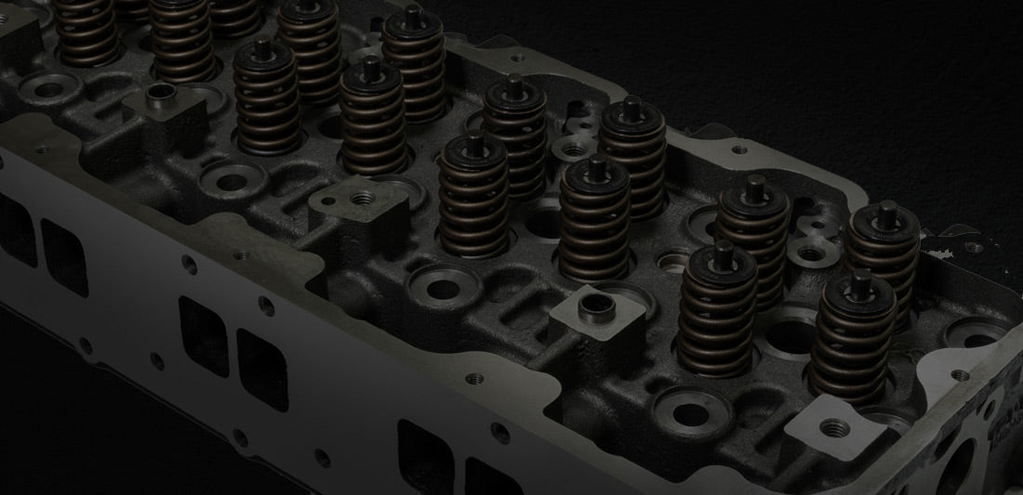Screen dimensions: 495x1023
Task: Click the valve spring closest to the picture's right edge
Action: pos(883,255)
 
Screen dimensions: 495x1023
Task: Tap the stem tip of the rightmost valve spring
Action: pos(888,208)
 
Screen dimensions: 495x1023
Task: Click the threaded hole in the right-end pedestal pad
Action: pos(835,427)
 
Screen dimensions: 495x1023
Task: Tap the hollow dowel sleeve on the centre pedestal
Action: pos(591,305)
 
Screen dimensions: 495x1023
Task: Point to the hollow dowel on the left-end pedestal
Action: pos(162,93)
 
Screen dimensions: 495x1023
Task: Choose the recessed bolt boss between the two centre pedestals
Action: pos(441,283)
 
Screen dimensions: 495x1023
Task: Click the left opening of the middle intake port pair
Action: pos(204,335)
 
